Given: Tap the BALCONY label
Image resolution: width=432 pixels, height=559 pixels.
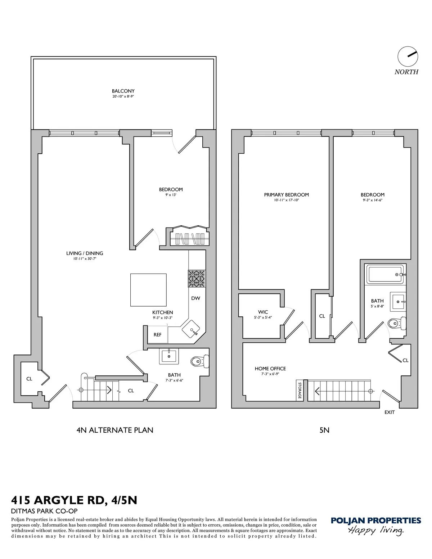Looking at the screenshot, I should coord(123,91).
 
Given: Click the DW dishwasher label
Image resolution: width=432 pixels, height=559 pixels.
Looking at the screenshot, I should coord(195,298).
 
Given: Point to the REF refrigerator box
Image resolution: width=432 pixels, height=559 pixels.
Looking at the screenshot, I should coord(158,334).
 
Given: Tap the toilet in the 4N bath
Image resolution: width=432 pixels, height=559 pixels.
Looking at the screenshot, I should coord(200,361).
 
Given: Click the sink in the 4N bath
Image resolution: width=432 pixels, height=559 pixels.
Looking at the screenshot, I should coord(168,356).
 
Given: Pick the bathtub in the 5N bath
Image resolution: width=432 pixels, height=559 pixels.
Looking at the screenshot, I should coord(385,275).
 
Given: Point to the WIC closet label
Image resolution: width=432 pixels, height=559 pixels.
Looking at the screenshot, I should coord(263,312).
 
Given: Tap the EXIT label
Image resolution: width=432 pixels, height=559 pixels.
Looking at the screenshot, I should coord(390,412).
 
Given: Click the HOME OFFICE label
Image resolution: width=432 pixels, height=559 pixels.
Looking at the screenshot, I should coord(270,369).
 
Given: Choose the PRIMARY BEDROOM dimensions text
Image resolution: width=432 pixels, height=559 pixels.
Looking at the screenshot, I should coord(286,200).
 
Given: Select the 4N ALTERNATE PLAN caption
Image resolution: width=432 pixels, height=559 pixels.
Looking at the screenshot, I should coord(115,430).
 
